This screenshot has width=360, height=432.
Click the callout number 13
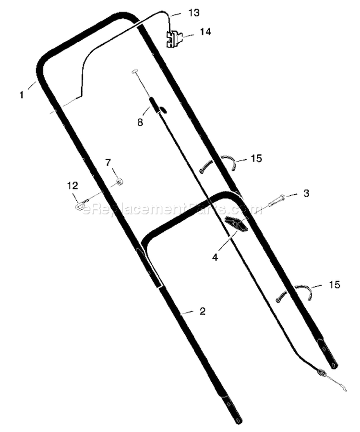coord(194,12)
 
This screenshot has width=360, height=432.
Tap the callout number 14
coord(205,32)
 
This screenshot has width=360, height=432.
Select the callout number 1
coord(22,95)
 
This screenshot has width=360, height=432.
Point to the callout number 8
coord(140,122)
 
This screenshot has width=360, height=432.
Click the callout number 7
coord(108,163)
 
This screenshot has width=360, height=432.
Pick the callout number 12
coord(72,186)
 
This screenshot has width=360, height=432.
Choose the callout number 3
coord(306,193)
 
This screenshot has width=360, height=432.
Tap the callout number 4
coord(215,257)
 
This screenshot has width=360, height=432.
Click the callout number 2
coord(203,312)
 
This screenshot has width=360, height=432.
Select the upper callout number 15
coord(256,158)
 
